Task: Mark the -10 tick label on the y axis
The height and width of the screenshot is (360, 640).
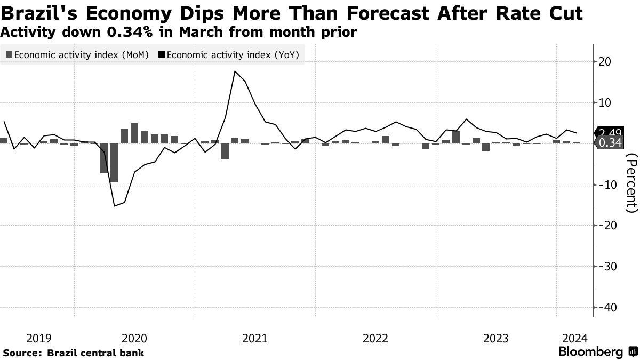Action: point(607,185)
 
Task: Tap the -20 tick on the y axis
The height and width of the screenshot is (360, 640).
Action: point(607,226)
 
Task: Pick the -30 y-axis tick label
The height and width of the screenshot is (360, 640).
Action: point(607,267)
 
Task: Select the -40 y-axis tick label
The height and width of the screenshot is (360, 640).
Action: point(607,308)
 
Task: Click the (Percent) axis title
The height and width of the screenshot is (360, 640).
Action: point(631,182)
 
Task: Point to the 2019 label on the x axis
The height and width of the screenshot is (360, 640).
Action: point(38,338)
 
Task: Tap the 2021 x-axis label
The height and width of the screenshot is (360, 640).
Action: point(255,338)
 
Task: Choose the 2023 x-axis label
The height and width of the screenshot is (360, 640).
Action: point(495,338)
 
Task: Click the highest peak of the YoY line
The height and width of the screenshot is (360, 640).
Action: point(235,71)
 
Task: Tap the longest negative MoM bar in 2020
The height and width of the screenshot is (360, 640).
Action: point(114,163)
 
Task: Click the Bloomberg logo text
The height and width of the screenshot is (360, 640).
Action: point(590,352)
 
